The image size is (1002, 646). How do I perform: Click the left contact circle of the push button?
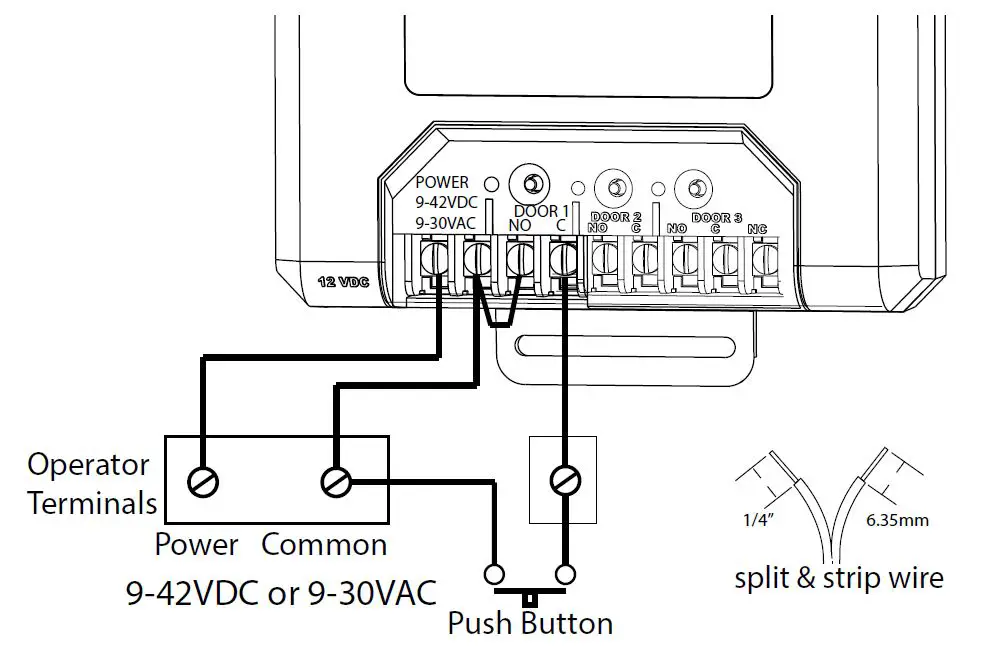pos(493,575)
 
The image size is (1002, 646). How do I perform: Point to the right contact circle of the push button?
pos(565,575)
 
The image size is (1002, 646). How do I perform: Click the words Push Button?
pos(529,624)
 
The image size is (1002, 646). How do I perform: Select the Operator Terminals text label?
pos(89,483)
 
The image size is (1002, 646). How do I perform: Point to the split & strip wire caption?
pos(838,577)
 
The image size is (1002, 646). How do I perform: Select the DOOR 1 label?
pos(541,211)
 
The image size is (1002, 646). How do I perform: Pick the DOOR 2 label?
pos(616,216)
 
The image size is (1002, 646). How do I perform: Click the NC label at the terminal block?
pos(757,229)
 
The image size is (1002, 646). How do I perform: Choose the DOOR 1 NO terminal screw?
pos(518,262)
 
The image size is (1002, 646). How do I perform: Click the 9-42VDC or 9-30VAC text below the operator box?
pos(281,592)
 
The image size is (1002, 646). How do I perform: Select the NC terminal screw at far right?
pos(764,262)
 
